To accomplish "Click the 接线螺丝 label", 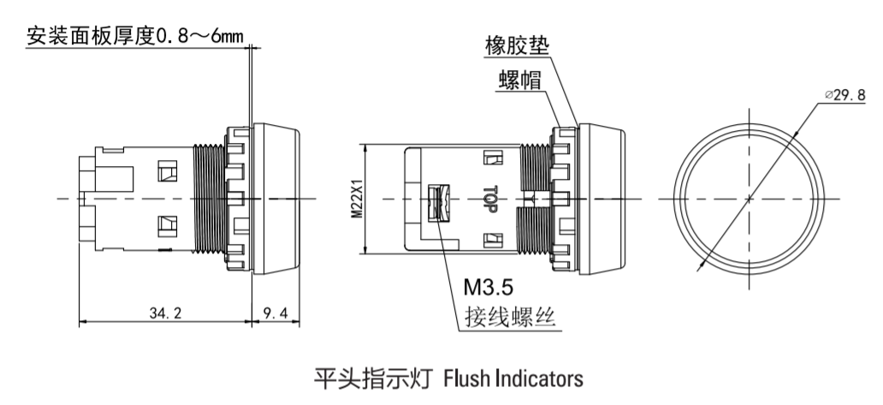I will pyautogui.click(x=509, y=319).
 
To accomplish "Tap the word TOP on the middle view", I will pyautogui.click(x=490, y=199).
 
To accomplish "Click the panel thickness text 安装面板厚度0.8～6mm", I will pyautogui.click(x=135, y=36).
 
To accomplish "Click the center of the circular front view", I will pyautogui.click(x=749, y=199).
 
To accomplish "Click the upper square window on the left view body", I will pyautogui.click(x=165, y=172).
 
